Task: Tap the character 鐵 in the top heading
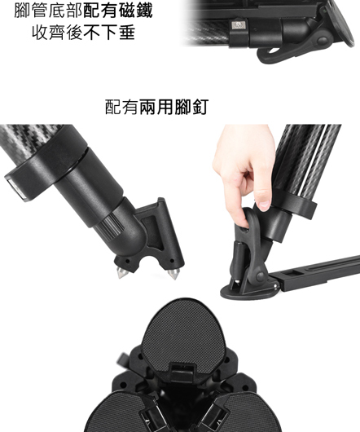pyautogui.click(x=143, y=11)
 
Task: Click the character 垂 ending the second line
pyautogui.click(x=127, y=33)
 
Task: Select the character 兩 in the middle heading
pyautogui.click(x=148, y=107)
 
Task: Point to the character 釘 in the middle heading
pyautogui.click(x=200, y=107)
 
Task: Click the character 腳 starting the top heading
pyautogui.click(x=23, y=11)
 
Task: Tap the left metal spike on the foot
pyautogui.click(x=122, y=272)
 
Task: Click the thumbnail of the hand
pyautogui.click(x=263, y=205)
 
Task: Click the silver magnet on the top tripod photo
pyautogui.click(x=239, y=25)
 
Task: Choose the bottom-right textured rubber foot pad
pyautogui.click(x=248, y=413)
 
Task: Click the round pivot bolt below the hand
pyautogui.click(x=260, y=276)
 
